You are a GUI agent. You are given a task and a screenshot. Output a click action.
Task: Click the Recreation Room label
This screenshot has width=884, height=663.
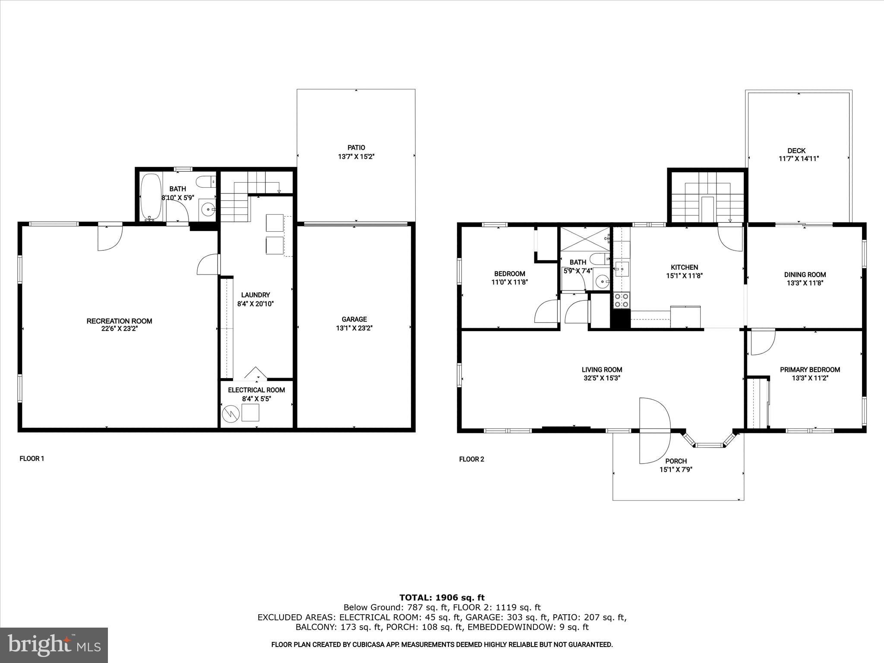(119, 321)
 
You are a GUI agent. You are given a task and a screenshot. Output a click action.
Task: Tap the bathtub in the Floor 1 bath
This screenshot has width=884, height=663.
(151, 197)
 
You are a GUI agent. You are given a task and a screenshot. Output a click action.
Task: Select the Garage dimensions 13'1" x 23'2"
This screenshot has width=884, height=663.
(354, 328)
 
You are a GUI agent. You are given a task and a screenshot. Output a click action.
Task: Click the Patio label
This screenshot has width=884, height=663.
(356, 148)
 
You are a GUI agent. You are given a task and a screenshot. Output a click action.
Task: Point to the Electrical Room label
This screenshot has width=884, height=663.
(256, 390)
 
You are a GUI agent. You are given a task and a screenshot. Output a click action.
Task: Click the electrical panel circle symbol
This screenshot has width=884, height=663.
(230, 414)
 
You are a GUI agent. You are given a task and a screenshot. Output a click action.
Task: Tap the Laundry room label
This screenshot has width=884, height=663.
(256, 295)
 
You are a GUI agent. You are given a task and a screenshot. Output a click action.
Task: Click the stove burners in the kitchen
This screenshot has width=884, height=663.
(622, 300)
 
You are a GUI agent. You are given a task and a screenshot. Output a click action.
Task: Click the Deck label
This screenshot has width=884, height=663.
(796, 151)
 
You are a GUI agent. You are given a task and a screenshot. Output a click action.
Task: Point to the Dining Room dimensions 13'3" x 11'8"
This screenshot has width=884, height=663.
(805, 283)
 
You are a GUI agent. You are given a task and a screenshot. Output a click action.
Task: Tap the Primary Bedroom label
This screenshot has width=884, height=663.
(810, 369)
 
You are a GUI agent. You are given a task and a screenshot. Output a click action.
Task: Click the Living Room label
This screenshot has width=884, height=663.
(602, 369)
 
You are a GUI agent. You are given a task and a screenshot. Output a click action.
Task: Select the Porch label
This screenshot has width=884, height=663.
(676, 461)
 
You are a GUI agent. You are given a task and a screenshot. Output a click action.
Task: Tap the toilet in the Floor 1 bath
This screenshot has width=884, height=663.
(205, 182)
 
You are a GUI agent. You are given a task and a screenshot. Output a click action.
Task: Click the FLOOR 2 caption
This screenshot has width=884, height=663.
(471, 459)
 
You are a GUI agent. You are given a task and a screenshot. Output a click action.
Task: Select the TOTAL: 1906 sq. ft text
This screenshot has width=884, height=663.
(442, 598)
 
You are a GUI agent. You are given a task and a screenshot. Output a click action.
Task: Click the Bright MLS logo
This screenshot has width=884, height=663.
(54, 645)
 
